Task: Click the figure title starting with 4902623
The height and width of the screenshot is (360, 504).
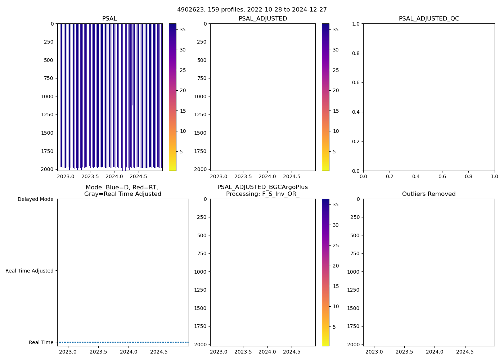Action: click(252, 10)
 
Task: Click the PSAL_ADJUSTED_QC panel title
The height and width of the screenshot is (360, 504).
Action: click(429, 19)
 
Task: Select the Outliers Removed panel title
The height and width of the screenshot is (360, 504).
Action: click(429, 194)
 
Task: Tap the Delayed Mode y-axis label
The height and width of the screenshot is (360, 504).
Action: click(35, 199)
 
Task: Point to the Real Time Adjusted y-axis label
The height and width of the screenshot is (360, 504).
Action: click(30, 271)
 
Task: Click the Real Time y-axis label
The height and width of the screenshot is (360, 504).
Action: click(41, 342)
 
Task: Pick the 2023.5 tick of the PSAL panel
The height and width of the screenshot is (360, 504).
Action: click(90, 177)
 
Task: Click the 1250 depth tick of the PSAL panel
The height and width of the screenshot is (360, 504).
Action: click(47, 115)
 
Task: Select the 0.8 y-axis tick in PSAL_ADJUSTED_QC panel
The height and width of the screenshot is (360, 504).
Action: click(356, 53)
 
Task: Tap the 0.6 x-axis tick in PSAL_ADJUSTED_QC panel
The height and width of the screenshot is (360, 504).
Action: click(442, 177)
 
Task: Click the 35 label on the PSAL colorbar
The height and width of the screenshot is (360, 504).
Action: click(183, 30)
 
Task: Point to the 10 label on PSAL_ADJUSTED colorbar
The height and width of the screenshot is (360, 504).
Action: click(336, 131)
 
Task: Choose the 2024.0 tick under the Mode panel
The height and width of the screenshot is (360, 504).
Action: click(129, 352)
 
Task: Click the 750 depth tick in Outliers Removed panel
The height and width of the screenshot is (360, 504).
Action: click(355, 253)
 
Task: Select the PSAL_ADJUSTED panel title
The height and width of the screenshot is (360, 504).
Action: click(263, 19)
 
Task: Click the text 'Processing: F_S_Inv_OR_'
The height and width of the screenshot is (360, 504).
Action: click(263, 194)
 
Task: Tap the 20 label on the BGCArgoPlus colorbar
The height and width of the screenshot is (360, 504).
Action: click(336, 266)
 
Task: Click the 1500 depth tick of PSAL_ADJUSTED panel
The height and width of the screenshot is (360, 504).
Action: click(200, 133)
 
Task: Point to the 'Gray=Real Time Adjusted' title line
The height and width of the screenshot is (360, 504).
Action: click(123, 194)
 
